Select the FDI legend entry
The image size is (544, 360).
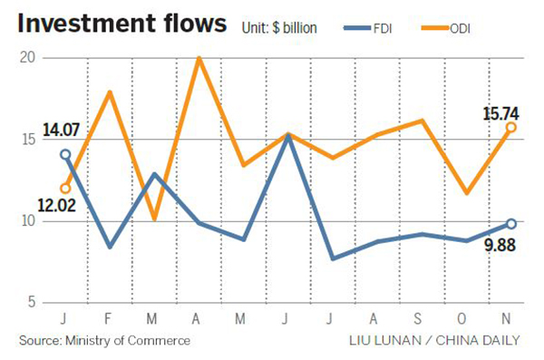(380, 27)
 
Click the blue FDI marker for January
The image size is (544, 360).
(64, 154)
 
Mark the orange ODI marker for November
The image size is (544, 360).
(511, 127)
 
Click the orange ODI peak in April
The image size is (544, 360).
(199, 58)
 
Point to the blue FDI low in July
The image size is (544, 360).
(333, 258)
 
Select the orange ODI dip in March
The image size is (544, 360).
(154, 219)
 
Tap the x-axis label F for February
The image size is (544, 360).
(110, 321)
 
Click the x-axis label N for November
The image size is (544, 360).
(511, 321)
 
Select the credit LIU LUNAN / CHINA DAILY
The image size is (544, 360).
(434, 341)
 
